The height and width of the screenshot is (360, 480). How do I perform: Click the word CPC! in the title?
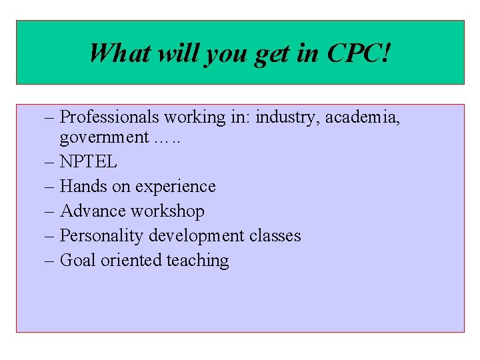coord(359,53)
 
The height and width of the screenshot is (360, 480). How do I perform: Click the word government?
coord(103,138)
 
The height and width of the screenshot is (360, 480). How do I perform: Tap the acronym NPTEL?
coord(89,162)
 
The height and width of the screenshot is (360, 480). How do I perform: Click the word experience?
coord(177,187)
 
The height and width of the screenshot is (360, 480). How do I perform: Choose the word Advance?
coord(93,211)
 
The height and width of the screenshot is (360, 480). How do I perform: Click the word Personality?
coord(101,236)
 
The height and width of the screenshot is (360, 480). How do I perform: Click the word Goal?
coord(78,260)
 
